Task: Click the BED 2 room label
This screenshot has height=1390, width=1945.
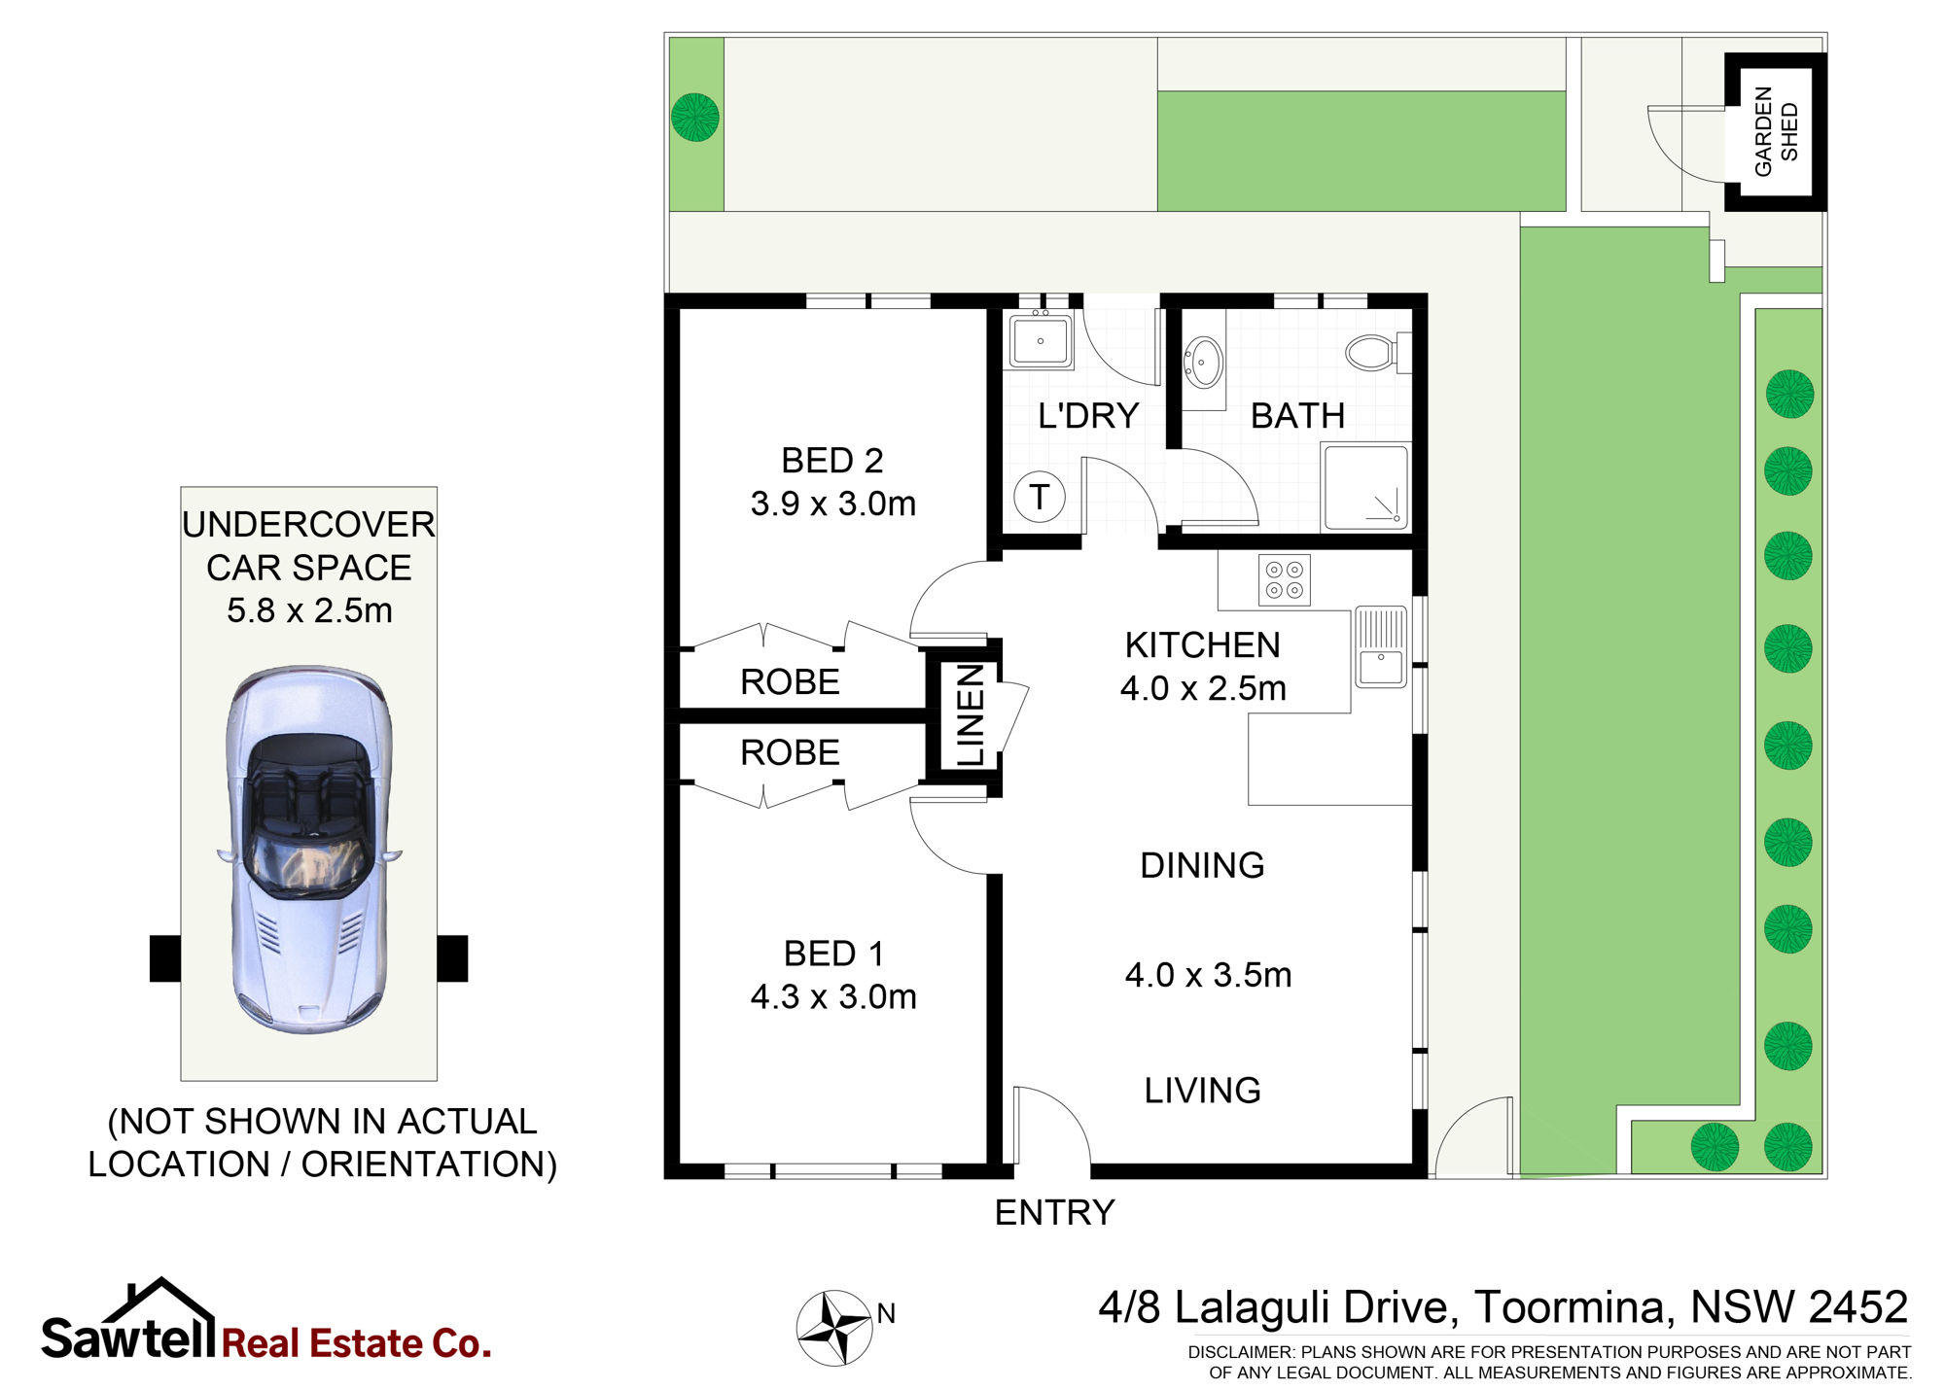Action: coord(832,461)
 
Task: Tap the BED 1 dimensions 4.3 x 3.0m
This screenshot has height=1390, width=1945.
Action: coord(833,996)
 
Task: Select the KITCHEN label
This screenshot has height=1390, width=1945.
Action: coord(1203,645)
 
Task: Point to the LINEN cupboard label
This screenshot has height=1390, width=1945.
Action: coord(971,714)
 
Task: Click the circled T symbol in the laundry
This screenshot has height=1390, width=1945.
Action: coord(1040,497)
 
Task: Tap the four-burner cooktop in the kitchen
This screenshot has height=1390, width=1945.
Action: coord(1284,580)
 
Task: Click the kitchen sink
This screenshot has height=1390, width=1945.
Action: coord(1380,646)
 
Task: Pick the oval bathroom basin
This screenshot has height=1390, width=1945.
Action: coord(1204,362)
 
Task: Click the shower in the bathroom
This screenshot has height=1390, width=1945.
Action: coord(1365,487)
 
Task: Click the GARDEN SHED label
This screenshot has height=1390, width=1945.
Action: coord(1776,131)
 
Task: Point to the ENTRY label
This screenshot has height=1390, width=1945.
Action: coord(1055,1213)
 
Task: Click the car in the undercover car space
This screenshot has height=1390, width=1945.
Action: coord(309,850)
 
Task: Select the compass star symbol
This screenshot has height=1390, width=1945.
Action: coord(833,1327)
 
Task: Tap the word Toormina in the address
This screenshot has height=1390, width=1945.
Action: coord(1574,1307)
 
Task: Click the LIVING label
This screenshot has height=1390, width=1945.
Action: coord(1202,1091)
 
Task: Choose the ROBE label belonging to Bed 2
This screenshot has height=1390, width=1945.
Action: coord(790,682)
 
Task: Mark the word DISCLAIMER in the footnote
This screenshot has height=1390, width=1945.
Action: coord(1240,1352)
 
